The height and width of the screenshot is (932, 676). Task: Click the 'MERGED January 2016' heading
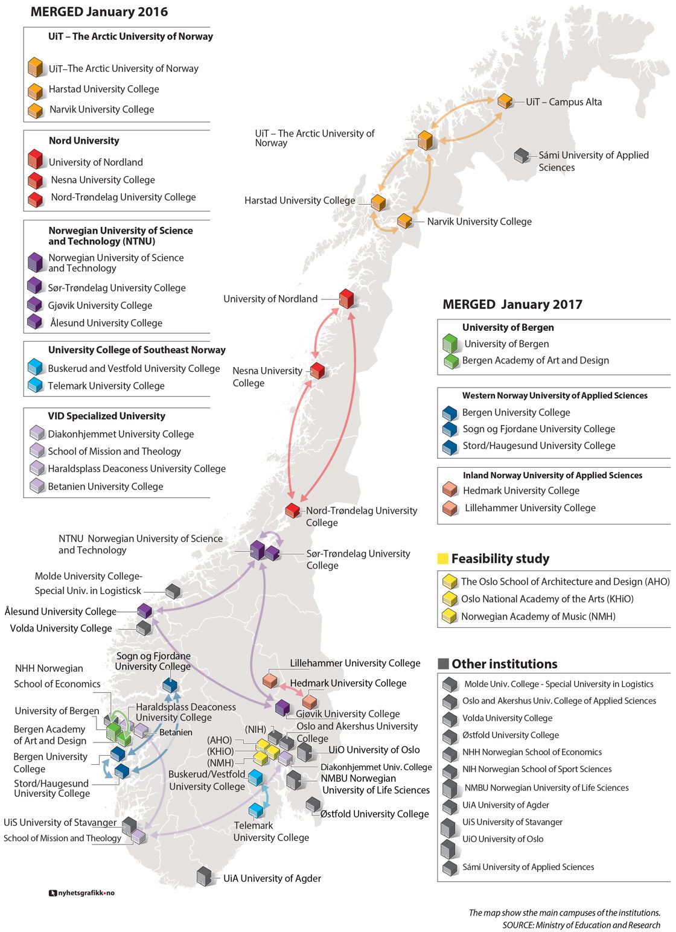point(99,12)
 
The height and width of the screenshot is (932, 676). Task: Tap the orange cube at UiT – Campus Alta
point(505,101)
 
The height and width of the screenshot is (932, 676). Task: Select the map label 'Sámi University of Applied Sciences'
point(593,161)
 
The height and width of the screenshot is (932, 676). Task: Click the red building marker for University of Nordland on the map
point(346,299)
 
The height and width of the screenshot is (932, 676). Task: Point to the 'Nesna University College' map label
point(267,377)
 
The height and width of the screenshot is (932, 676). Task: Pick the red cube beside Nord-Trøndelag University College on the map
point(293,511)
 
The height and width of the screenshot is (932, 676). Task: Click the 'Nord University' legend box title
point(84,141)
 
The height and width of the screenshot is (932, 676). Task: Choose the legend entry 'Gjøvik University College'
point(100,305)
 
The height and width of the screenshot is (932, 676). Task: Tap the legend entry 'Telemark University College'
point(106,386)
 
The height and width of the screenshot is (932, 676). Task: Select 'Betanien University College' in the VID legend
point(106,487)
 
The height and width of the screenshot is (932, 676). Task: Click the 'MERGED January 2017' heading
point(512,304)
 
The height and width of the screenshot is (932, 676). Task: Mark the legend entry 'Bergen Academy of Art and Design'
point(535,360)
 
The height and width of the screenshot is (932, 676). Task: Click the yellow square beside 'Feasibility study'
point(443,559)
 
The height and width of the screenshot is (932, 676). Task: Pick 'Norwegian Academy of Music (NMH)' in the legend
point(538,616)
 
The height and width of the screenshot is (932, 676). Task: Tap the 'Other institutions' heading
point(504,664)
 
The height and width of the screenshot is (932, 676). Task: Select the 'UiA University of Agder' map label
point(272,878)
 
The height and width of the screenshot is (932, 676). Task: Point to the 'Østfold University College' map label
point(374,814)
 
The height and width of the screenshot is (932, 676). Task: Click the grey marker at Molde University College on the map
point(173,591)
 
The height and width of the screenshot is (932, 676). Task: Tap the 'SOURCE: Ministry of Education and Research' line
point(581,925)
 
